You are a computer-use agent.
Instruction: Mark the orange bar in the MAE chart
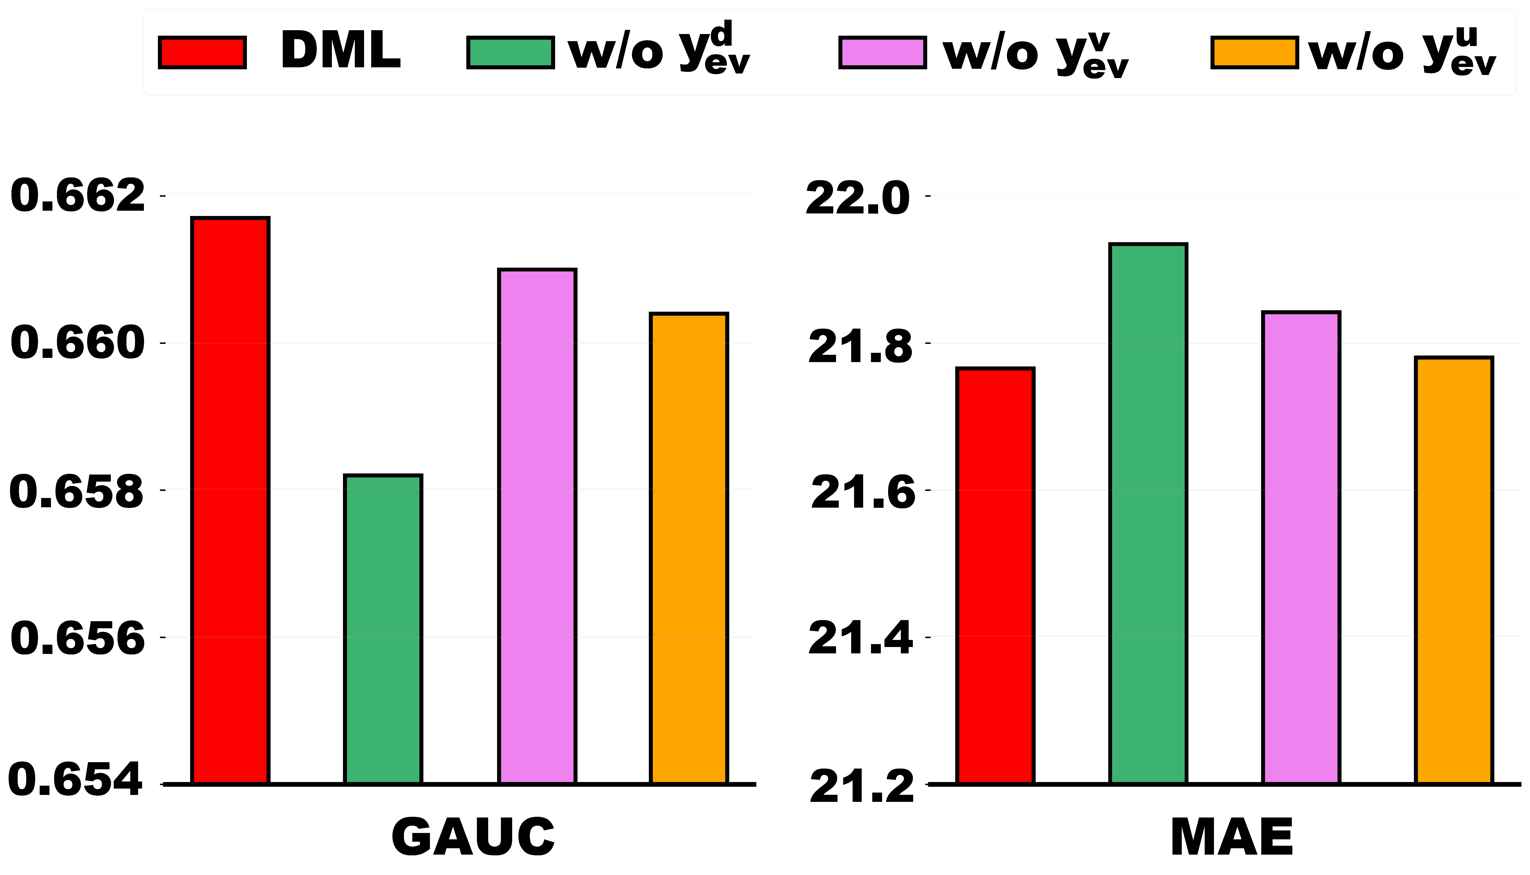1454,570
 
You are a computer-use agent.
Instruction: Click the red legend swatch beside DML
203,52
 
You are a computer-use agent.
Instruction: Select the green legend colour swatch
510,52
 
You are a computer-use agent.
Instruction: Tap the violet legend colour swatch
882,52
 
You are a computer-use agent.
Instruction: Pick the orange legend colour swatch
1254,52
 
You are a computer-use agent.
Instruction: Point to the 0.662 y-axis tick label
78,196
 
